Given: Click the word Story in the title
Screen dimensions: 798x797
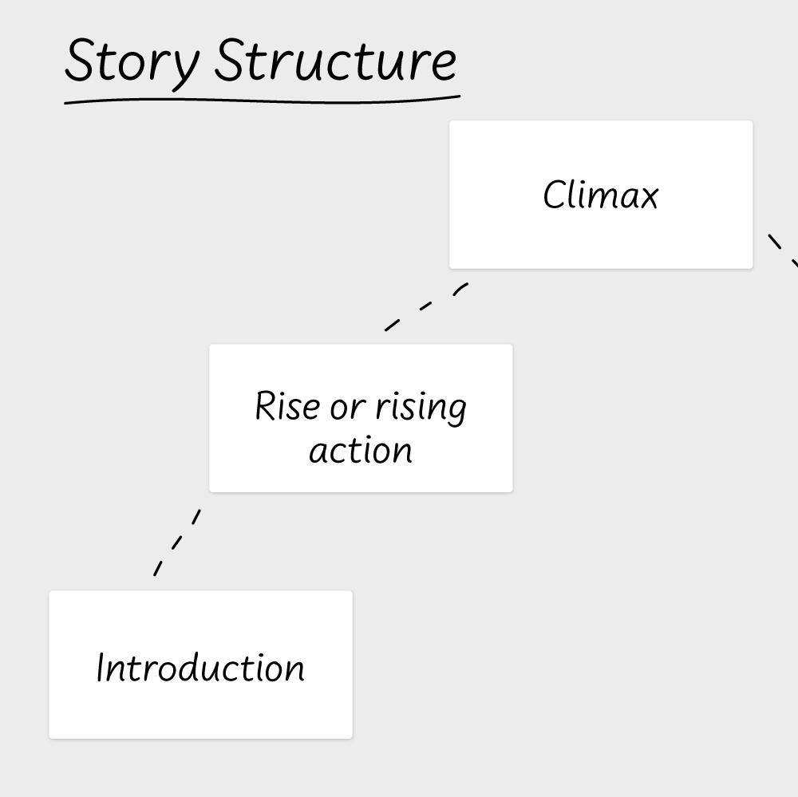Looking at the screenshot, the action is click(132, 64).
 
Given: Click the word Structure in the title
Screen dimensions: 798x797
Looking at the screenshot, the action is click(335, 60).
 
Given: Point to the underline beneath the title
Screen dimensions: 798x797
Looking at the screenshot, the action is click(262, 101).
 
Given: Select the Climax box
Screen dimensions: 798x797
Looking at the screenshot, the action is click(601, 195).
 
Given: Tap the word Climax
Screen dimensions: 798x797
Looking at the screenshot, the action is click(601, 195).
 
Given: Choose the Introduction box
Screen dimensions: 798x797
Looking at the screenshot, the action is click(200, 665).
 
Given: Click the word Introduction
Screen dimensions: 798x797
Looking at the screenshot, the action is click(200, 667).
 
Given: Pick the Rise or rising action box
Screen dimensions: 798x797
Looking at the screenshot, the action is click(361, 418).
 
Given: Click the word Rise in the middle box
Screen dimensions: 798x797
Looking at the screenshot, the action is click(287, 405).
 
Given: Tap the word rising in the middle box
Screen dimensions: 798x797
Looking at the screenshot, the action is click(421, 408).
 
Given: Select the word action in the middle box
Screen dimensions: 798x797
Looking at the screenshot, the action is click(361, 451).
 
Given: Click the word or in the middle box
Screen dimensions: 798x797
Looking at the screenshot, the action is click(348, 408).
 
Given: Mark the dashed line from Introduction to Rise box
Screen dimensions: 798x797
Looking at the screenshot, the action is click(177, 543).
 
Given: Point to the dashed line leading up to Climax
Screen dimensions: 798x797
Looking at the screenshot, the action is click(426, 307).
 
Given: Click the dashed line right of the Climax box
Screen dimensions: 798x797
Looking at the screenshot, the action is click(784, 251).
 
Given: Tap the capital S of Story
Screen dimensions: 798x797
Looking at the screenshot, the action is click(81, 60).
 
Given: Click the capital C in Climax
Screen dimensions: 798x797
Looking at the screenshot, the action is click(553, 195).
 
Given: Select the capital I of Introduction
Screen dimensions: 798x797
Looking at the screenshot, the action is click(101, 667).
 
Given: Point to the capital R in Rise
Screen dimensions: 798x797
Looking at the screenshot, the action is click(265, 405).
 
